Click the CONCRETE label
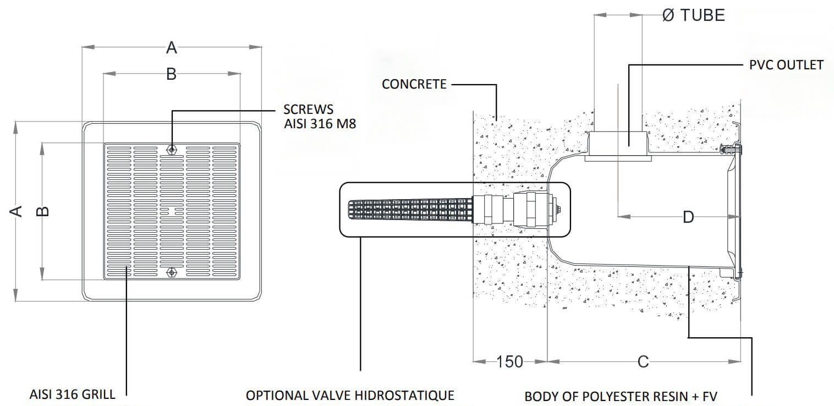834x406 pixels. pos(414,84)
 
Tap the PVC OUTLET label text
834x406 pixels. pos(786,65)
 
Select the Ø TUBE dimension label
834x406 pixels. pos(694,15)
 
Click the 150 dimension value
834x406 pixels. pos(509,361)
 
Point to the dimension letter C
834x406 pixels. pos(643,361)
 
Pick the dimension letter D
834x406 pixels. pos(688,217)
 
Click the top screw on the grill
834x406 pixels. pos(172,149)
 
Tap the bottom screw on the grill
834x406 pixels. pos(172,272)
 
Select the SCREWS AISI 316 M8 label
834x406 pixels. pos(320,117)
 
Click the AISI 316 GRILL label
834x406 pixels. pos(73,394)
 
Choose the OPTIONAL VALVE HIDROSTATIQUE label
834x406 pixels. pos(350,396)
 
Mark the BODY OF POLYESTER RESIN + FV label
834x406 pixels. pos(621,397)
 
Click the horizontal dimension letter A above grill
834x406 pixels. pos(172,48)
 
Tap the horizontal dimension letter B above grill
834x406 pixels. pos(171,74)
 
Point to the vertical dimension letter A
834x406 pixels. pos(18,211)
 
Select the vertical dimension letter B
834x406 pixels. pos(45,211)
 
